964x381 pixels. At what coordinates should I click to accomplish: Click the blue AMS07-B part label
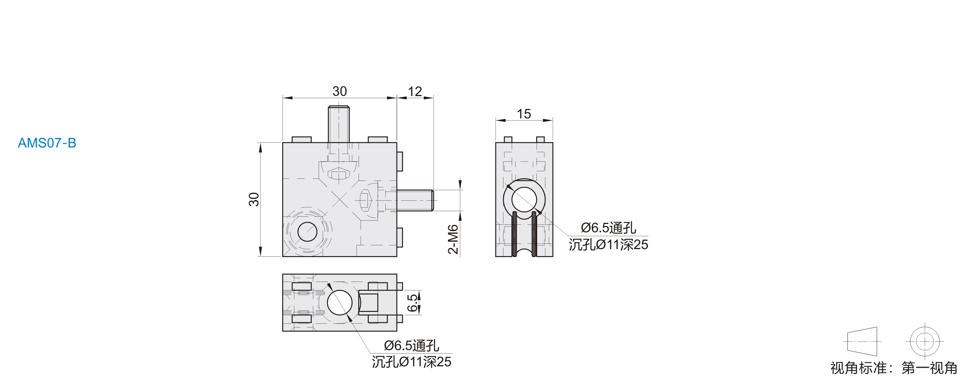[47, 143]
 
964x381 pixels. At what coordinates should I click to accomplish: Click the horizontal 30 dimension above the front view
[340, 91]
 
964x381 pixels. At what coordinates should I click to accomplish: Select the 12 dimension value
[415, 92]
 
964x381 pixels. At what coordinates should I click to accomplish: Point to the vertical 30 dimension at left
[254, 199]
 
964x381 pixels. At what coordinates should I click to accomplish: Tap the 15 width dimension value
[524, 114]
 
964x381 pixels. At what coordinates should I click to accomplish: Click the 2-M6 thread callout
[453, 239]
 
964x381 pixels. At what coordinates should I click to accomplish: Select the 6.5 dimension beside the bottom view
[412, 303]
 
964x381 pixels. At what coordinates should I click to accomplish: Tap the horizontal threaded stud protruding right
[415, 200]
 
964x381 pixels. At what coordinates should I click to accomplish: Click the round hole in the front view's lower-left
[307, 232]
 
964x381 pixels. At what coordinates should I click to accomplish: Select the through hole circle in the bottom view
[340, 302]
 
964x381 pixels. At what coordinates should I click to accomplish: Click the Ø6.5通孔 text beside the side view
[609, 228]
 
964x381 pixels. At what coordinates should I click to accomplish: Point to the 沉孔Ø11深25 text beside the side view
[609, 245]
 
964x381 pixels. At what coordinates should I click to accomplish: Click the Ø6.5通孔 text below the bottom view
[412, 346]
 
